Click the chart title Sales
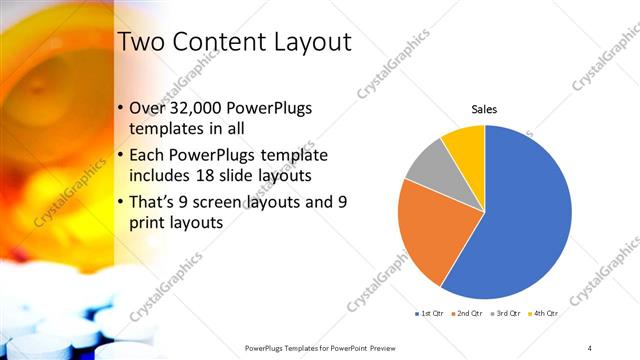pos(484,109)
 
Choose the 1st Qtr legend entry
pos(431,313)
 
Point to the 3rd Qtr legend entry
pos(507,313)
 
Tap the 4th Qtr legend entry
pos(545,313)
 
